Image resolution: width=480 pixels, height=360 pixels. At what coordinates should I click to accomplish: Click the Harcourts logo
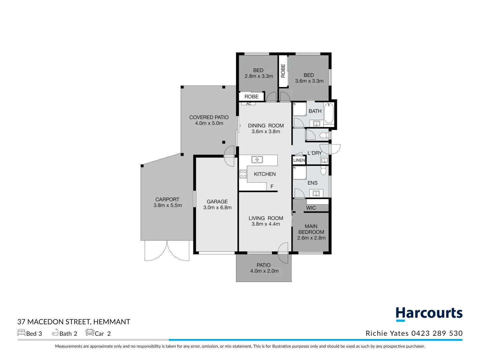coord(429,314)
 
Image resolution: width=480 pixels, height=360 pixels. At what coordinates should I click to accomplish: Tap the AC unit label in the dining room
coord(249,104)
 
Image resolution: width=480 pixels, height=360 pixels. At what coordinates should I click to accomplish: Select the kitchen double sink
coord(257,160)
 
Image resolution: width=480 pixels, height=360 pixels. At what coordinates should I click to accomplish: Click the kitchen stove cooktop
coord(243,174)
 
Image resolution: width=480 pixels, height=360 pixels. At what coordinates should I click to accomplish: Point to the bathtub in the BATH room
coord(329,113)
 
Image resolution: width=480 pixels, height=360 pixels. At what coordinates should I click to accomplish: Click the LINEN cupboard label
coord(299,160)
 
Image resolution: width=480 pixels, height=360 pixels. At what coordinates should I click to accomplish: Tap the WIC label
coord(311,208)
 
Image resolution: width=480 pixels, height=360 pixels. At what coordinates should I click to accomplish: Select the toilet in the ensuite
coord(323,171)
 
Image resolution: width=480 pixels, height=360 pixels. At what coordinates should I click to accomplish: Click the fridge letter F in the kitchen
coord(272,187)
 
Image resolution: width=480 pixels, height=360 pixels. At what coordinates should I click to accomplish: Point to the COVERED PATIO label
coord(209,117)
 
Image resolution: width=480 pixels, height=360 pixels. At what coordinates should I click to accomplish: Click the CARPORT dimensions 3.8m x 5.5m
coord(168,205)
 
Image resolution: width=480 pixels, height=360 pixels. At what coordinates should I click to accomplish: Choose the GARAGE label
coord(217,202)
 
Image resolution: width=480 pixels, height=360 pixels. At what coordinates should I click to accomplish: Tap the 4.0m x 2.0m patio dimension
coord(264,271)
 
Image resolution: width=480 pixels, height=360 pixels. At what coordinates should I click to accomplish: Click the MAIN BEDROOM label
coord(311,229)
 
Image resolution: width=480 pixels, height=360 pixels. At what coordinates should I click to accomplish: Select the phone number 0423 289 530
coord(437,333)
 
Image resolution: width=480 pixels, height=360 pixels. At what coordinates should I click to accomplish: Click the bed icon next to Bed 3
coord(21,333)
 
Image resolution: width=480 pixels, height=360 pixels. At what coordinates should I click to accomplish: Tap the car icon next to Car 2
coord(90,332)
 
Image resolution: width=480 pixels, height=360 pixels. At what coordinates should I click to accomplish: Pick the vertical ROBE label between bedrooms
coord(283,71)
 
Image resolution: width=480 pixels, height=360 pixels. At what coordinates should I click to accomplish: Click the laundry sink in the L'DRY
coord(324,160)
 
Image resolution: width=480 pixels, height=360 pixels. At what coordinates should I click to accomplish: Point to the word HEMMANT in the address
coord(112,322)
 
